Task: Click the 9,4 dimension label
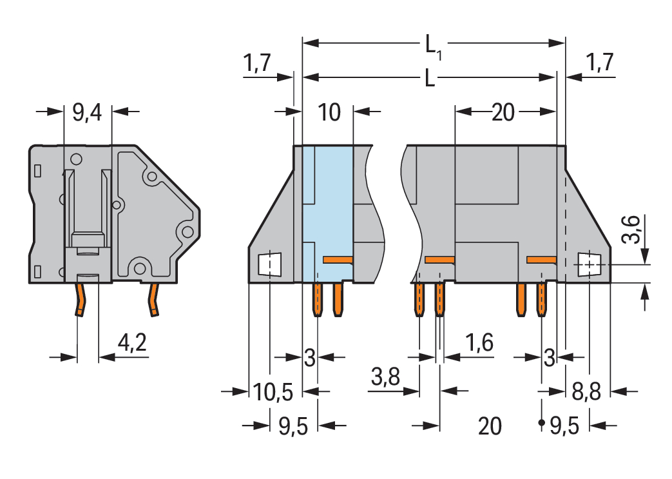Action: pos(87,113)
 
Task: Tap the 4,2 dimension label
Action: pos(132,343)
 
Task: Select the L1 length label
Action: pos(433,46)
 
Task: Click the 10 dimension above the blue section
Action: pos(329,113)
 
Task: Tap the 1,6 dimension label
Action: pos(479,343)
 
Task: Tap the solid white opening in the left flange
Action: pos(269,264)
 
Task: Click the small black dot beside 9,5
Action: pos(541,423)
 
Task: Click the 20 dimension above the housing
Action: pos(503,113)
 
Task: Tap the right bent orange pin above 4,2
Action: pos(153,300)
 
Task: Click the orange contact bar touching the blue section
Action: pos(338,260)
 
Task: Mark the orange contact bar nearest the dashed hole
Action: pos(541,260)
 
